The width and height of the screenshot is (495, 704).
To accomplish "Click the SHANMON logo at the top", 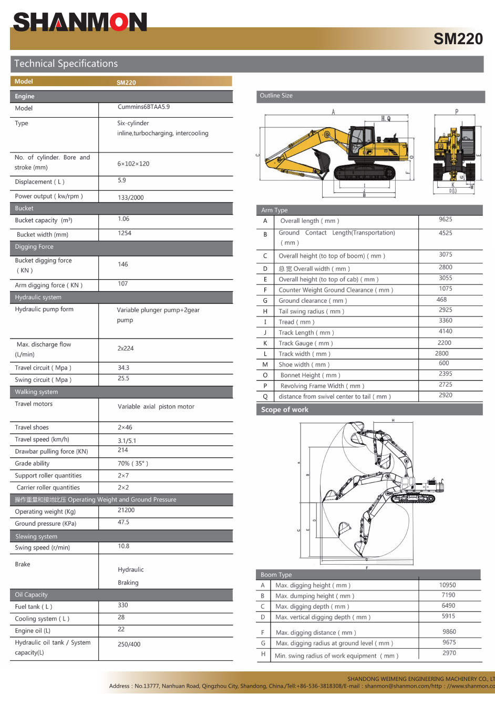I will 80,23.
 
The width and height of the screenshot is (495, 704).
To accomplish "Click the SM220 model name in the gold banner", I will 458,39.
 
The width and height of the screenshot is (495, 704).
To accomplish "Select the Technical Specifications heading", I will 66,64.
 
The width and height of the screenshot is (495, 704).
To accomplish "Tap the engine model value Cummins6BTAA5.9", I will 143,107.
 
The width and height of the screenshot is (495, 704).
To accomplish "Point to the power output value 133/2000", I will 130,198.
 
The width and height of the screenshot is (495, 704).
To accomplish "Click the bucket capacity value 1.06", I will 123,219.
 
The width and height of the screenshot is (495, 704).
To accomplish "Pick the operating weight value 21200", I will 126,510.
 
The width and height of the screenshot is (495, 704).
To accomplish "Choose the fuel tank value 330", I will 123,605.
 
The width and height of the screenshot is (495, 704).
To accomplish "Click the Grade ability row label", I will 32,464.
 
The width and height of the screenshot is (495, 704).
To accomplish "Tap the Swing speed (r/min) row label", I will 42,547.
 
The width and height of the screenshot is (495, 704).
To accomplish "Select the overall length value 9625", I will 445,219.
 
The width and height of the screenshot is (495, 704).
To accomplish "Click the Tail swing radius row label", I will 311,311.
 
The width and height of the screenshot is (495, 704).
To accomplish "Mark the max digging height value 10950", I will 447,585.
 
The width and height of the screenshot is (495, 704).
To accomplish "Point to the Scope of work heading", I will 285,410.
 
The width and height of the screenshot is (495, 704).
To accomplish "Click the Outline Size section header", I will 276,96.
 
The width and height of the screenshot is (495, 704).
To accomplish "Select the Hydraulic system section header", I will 38,297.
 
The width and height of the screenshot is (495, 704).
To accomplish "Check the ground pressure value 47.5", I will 123,522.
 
